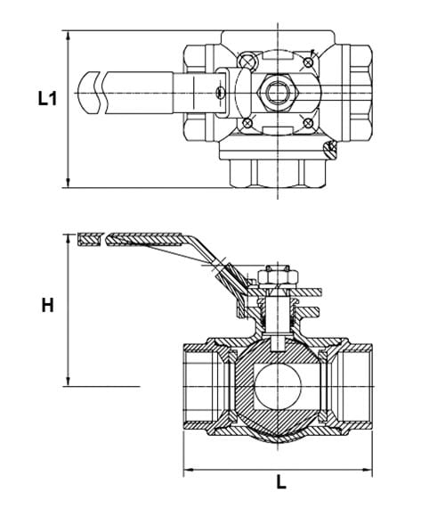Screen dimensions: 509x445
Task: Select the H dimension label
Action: click(47, 305)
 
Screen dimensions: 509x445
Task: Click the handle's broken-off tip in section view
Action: click(89, 240)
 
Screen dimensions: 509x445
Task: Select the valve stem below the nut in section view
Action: click(277, 312)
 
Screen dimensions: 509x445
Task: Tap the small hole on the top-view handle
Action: click(218, 90)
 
